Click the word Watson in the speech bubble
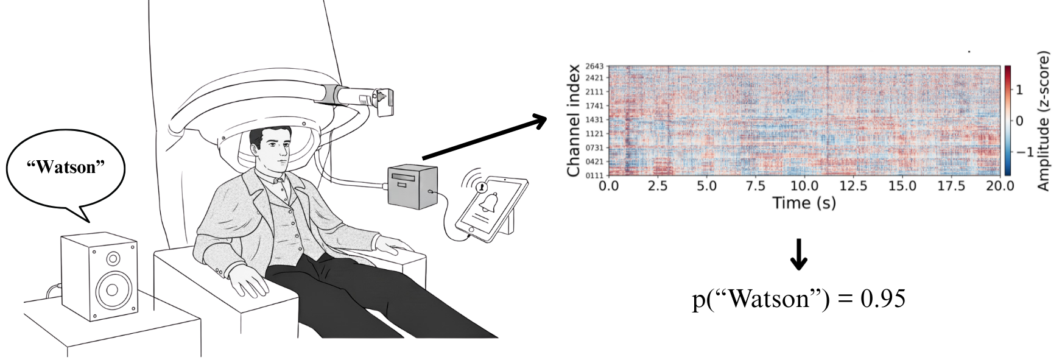pyautogui.click(x=66, y=168)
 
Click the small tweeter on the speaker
pyautogui.click(x=113, y=259)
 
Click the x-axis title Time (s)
pyautogui.click(x=804, y=203)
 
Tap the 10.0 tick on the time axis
pyautogui.click(x=804, y=186)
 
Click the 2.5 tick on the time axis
pyautogui.click(x=658, y=186)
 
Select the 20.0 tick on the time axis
pyautogui.click(x=999, y=186)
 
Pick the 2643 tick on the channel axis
pyautogui.click(x=594, y=66)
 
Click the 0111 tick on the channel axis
pyautogui.click(x=594, y=175)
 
